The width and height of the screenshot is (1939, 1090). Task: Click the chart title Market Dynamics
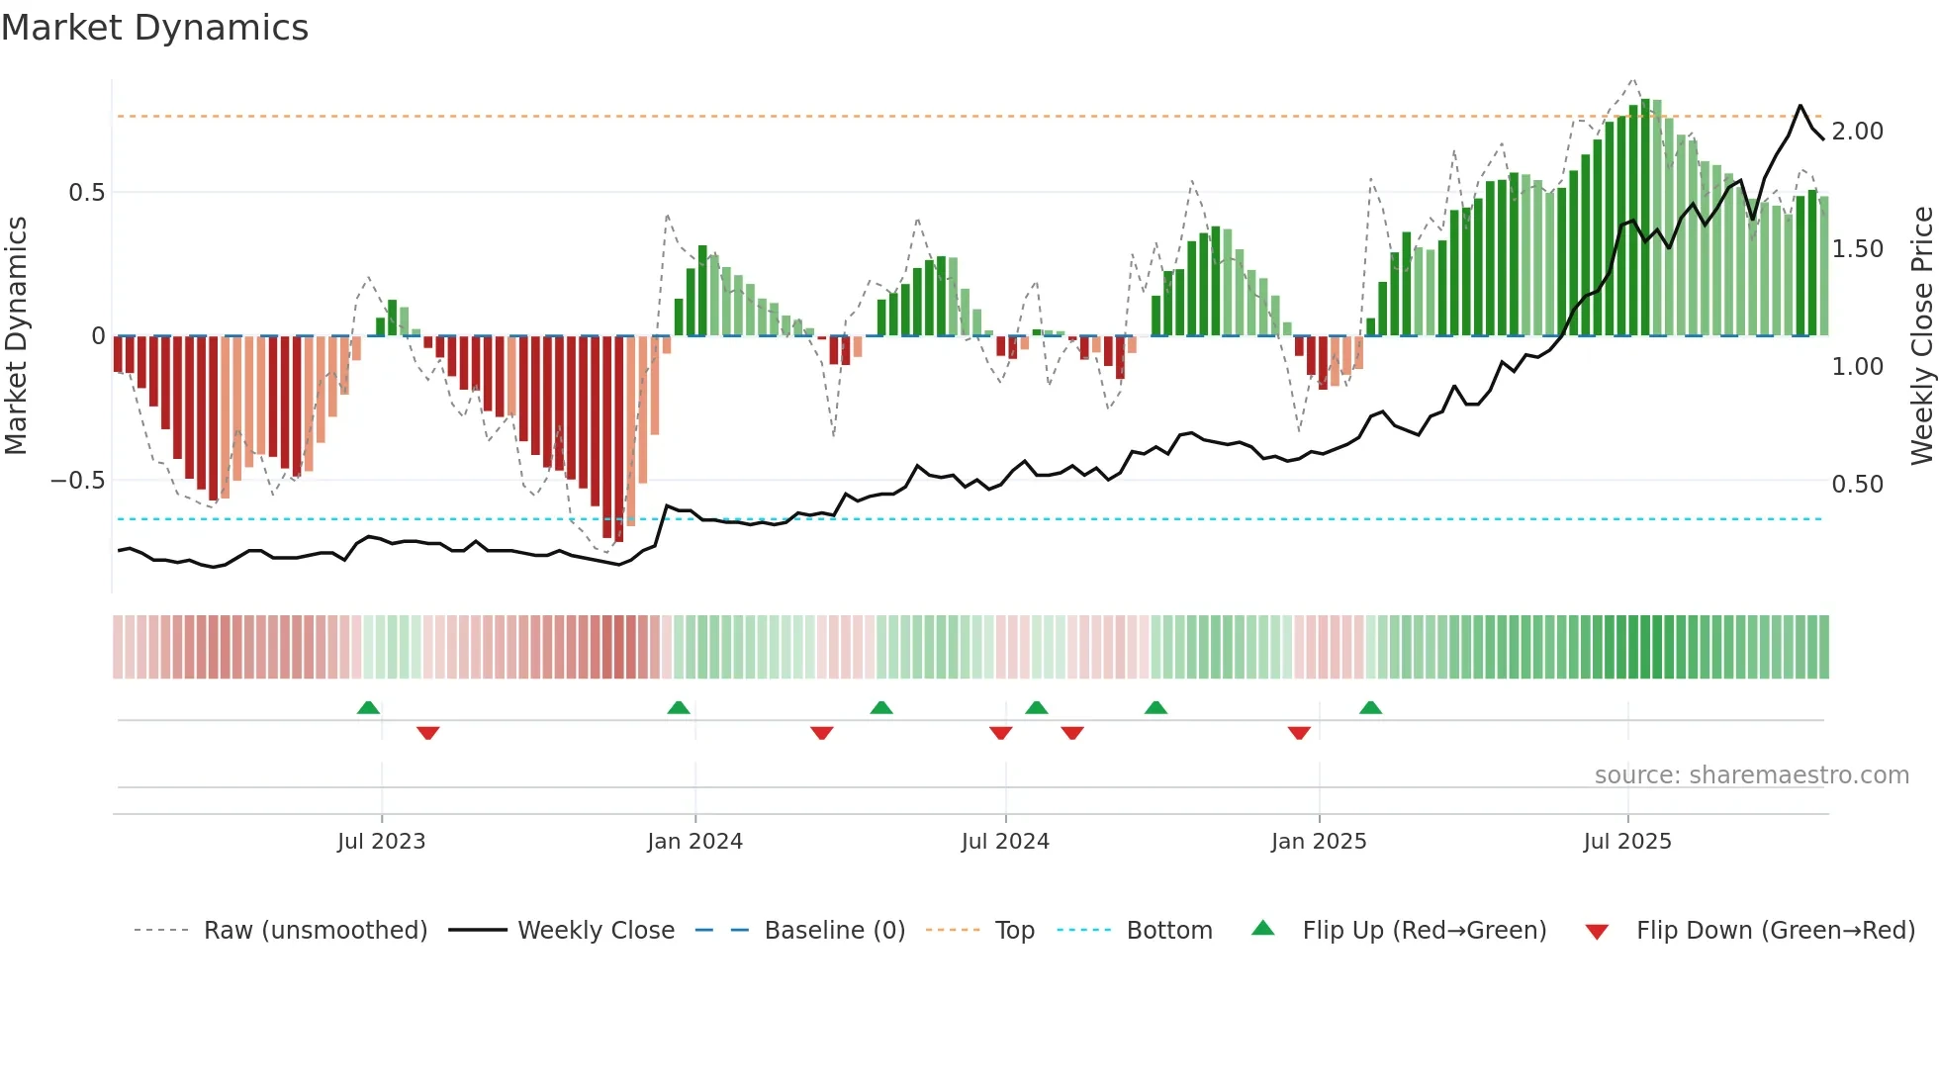point(154,28)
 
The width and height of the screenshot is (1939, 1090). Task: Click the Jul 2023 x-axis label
point(381,841)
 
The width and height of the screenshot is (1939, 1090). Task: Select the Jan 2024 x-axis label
point(694,841)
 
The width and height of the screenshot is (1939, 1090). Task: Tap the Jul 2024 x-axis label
point(1005,841)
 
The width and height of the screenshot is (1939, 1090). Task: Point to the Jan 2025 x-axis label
point(1319,841)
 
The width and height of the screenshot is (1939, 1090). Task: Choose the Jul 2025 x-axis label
point(1627,841)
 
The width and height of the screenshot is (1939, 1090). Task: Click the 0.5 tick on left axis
point(86,192)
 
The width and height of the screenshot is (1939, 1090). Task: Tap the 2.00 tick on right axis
point(1857,131)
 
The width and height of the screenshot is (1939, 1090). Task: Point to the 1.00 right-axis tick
point(1857,366)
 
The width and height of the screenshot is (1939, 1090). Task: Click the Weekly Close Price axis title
point(1921,336)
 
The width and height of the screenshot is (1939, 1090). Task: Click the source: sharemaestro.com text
point(1751,774)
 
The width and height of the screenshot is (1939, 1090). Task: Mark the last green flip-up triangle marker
point(1370,708)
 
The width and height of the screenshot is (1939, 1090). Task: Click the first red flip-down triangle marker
point(427,733)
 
